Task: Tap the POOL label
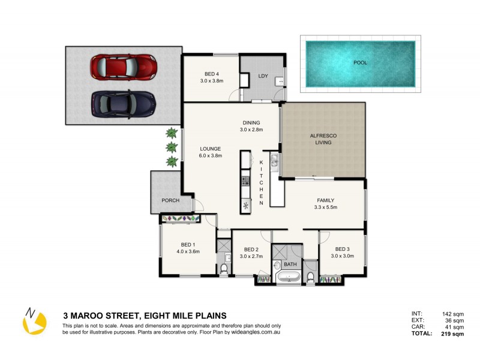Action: pos(360,62)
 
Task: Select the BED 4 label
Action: pos(210,74)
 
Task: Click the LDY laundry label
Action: pos(263,76)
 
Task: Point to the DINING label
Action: pos(251,122)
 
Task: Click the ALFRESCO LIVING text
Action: pos(323,140)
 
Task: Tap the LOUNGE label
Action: pos(211,148)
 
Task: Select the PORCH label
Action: pos(170,200)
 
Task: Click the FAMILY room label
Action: pos(326,200)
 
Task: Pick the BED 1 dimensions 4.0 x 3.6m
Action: pos(187,252)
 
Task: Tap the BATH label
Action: pos(290,264)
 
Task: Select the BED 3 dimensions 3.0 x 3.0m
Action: pos(342,256)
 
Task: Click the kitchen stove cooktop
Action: pos(245,180)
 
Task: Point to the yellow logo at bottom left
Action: pos(34,322)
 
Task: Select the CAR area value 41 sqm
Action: pos(455,327)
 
